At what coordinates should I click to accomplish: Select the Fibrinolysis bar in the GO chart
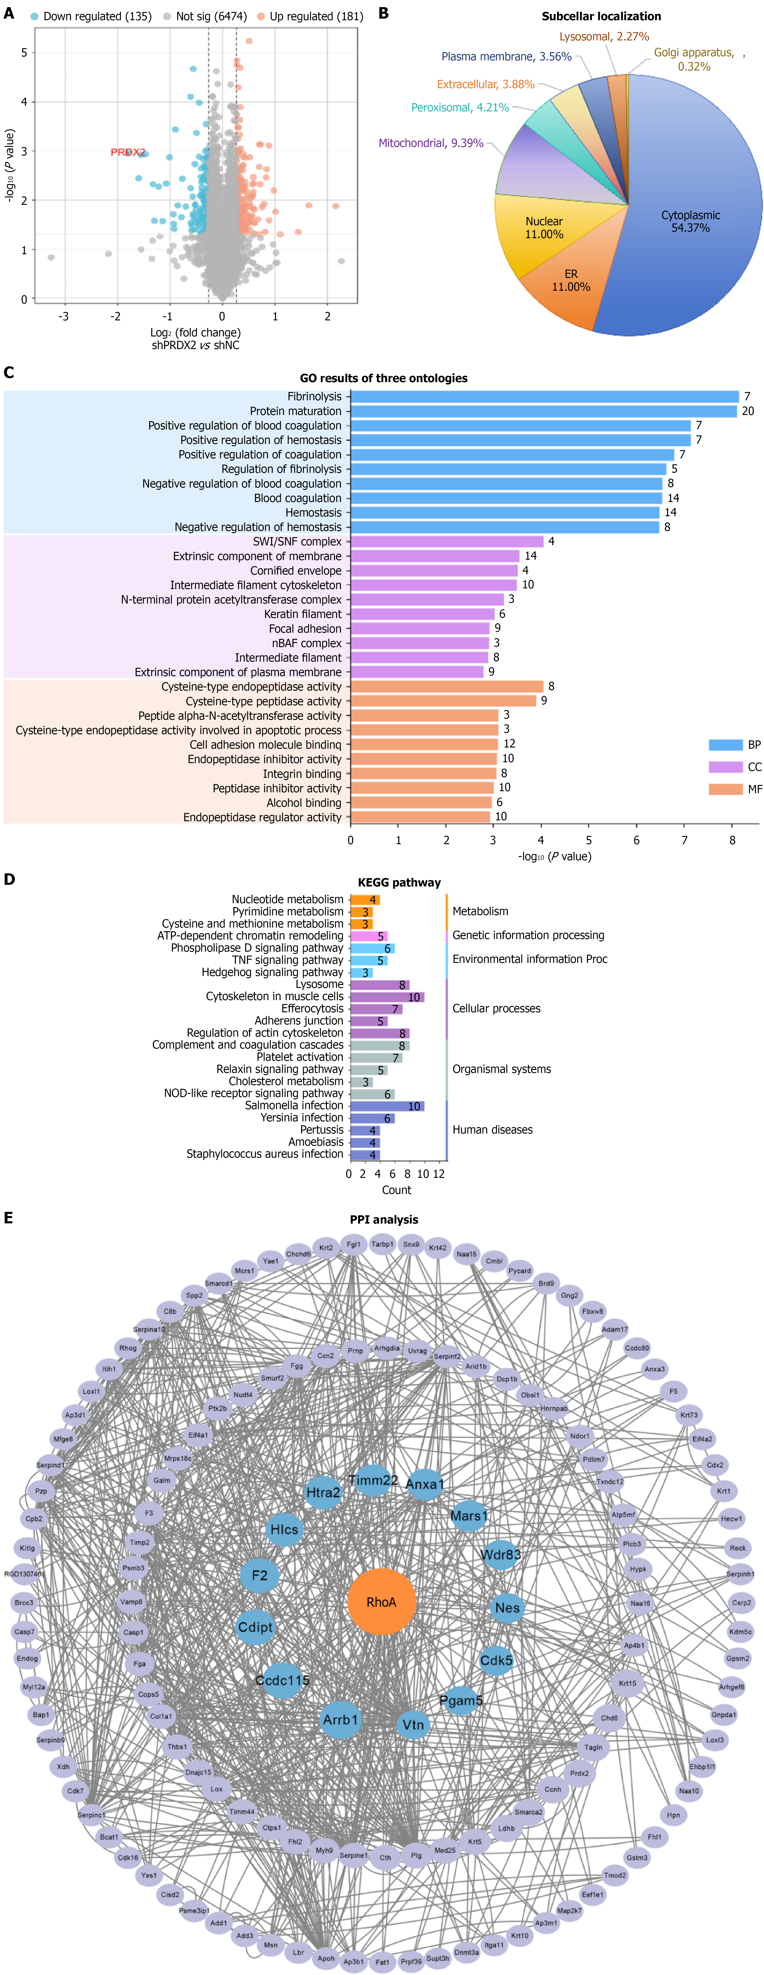[544, 396]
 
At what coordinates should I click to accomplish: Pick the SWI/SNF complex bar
[447, 541]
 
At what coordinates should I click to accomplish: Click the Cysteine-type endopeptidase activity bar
[447, 686]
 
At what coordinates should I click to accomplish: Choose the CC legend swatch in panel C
[725, 767]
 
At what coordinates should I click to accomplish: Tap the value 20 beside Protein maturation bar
[748, 411]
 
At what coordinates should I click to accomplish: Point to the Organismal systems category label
[501, 1069]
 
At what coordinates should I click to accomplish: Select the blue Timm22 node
[373, 1480]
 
